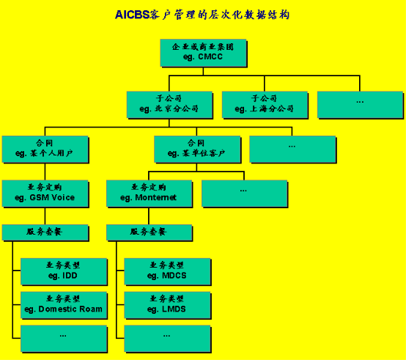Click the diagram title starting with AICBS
(x=202, y=15)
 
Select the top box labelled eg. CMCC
(x=203, y=53)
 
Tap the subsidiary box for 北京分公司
(x=169, y=105)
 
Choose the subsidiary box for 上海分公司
(x=265, y=105)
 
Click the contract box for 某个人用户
(x=45, y=150)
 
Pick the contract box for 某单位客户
(x=197, y=150)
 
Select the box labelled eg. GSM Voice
(x=45, y=194)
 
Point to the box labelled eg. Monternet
(x=150, y=194)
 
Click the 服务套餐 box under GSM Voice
(x=45, y=233)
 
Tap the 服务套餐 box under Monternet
(x=150, y=233)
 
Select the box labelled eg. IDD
(x=64, y=272)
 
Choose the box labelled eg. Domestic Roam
(x=64, y=305)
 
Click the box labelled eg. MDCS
(x=168, y=272)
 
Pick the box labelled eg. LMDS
(x=168, y=305)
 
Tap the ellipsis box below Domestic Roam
(x=64, y=339)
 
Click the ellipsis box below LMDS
(x=168, y=339)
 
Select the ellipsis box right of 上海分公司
(x=360, y=105)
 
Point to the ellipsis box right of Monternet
(x=245, y=194)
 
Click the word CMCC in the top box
(x=210, y=56)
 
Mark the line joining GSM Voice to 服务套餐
(x=45, y=216)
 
